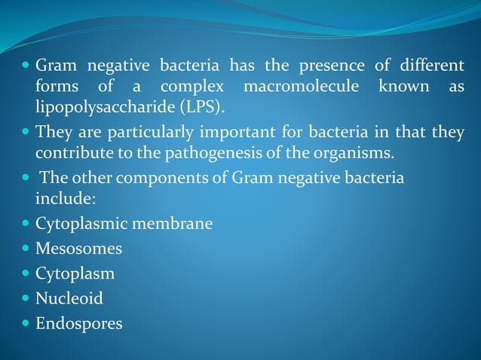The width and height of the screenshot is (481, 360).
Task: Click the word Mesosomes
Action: [x=78, y=249]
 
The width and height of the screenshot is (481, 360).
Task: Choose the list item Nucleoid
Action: [x=69, y=298]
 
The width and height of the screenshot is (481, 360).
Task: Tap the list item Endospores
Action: [x=78, y=324]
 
